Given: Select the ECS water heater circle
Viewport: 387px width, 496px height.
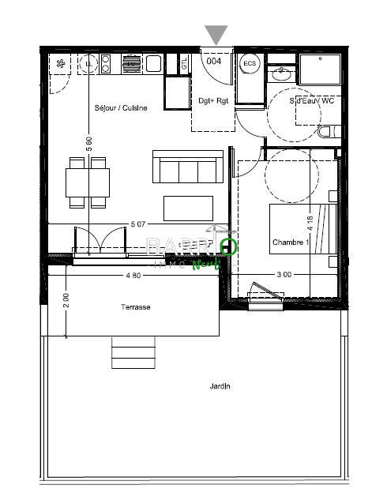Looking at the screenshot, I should pos(250,63).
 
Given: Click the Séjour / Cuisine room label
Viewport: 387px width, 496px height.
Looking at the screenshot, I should pos(120,108).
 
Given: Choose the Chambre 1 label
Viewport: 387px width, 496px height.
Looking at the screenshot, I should pos(289,242).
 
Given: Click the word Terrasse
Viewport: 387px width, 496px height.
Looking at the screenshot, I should pos(136,307).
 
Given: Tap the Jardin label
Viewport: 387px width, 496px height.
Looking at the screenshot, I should pos(220,386).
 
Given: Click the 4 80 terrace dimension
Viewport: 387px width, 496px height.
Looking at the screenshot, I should pos(133,275).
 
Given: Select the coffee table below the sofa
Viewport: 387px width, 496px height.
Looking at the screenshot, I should pos(188,208).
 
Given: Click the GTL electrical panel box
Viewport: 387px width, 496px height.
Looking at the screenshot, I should pos(184,64).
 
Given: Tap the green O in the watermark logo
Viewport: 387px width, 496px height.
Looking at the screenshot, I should pos(228,246).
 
